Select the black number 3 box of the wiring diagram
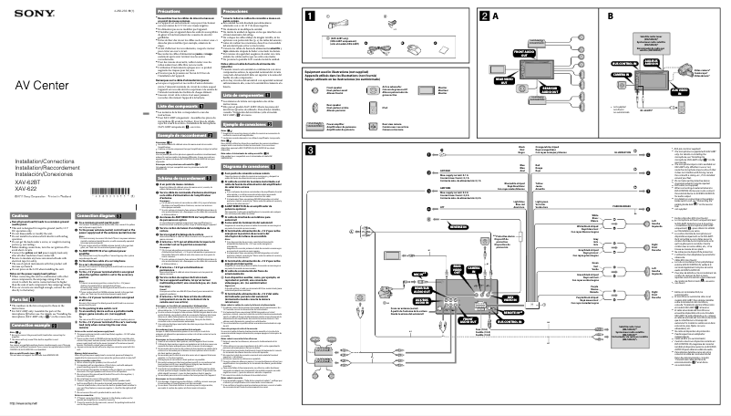point(312,150)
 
